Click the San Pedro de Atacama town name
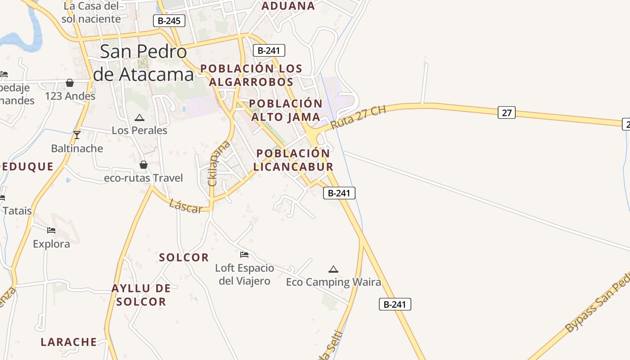pos(143,63)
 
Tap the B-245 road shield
pos(169,21)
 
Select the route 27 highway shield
pos(507,112)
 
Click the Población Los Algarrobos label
pos(251,75)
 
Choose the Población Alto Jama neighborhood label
pos(285,110)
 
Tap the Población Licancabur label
pos(293,160)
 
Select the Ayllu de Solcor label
pos(141,295)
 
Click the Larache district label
pos(69,342)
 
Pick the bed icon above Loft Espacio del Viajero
pos(244,255)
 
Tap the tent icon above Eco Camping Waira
pos(333,269)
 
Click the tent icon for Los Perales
pos(139,118)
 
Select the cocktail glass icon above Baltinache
pos(77,135)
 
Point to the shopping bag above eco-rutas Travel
pos(143,165)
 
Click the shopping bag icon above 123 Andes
pos(70,83)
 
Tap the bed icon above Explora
pos(51,230)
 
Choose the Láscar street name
pos(185,207)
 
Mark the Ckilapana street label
pos(219,163)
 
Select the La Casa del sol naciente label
pos(91,13)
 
